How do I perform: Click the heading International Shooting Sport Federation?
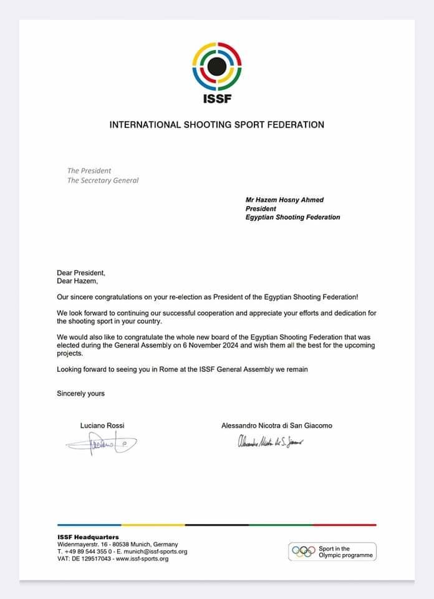[216, 125]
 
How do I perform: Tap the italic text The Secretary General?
[103, 180]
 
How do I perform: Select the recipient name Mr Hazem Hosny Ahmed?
[284, 200]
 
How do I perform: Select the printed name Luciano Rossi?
[102, 426]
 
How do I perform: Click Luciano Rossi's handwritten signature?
[101, 444]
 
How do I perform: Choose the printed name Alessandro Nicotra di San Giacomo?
[276, 426]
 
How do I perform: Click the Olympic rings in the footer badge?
[304, 551]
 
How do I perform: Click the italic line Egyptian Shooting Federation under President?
[292, 217]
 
